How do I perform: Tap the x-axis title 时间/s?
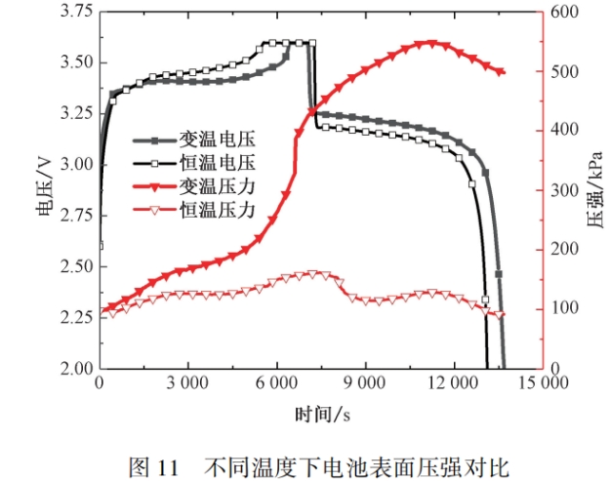tap(322, 414)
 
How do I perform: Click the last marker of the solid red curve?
tap(502, 72)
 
